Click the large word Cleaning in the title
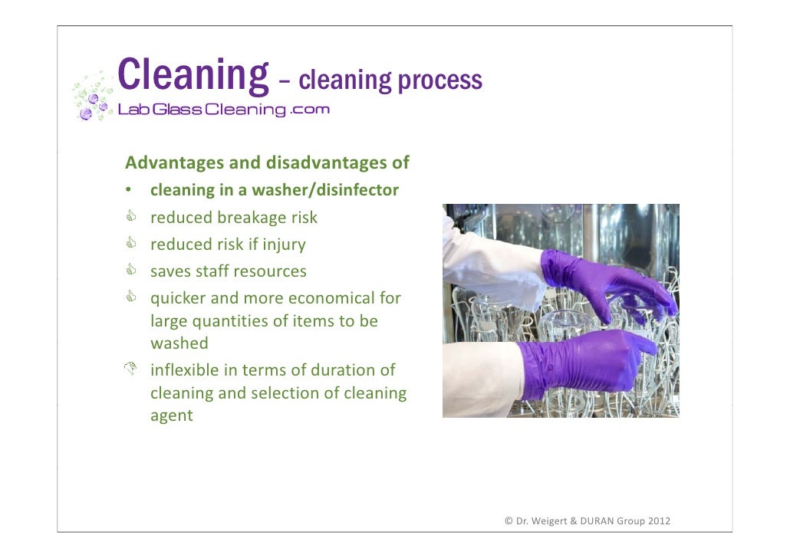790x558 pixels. point(193,75)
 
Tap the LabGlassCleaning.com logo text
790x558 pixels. point(223,110)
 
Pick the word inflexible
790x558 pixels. point(183,370)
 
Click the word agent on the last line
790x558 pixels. point(171,416)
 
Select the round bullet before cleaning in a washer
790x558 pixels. point(131,191)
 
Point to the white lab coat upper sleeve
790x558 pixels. point(491,261)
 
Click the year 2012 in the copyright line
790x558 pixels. point(659,521)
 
